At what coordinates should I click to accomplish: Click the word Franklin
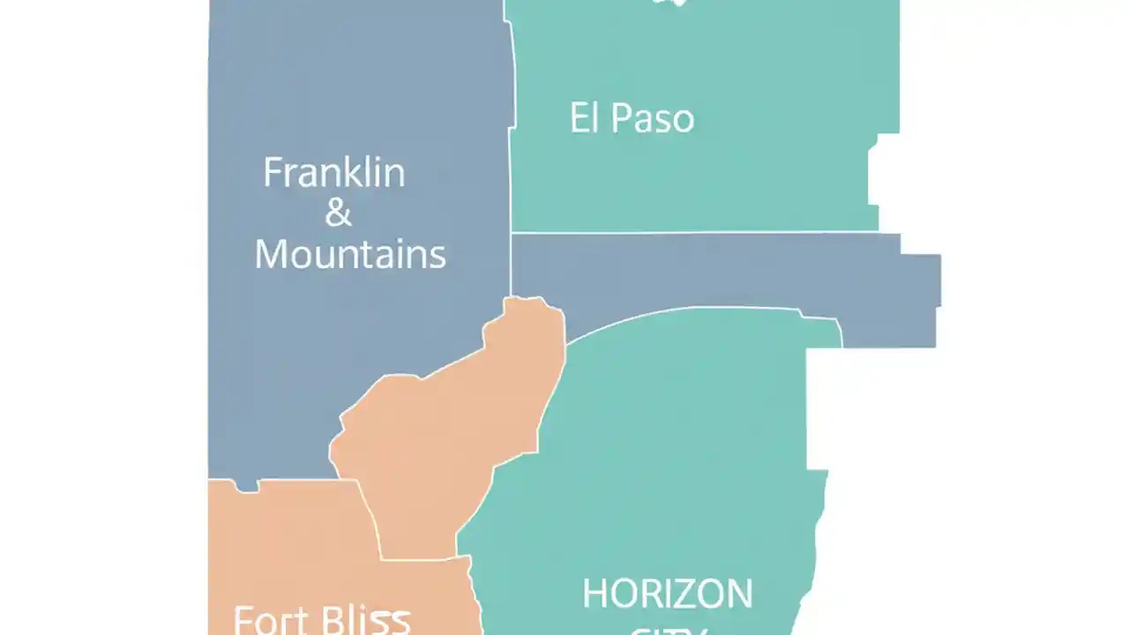point(334,173)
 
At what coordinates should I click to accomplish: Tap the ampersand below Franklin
point(339,213)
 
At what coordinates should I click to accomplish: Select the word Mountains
point(350,255)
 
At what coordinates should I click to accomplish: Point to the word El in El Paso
point(584,118)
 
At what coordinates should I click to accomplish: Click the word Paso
point(652,119)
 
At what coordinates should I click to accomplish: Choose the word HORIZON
point(668,594)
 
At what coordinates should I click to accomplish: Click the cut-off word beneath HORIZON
point(668,630)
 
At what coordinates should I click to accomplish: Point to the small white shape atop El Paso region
point(669,3)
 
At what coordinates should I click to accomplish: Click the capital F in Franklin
point(273,173)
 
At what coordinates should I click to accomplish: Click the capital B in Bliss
point(329,621)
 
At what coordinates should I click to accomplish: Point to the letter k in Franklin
point(363,173)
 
